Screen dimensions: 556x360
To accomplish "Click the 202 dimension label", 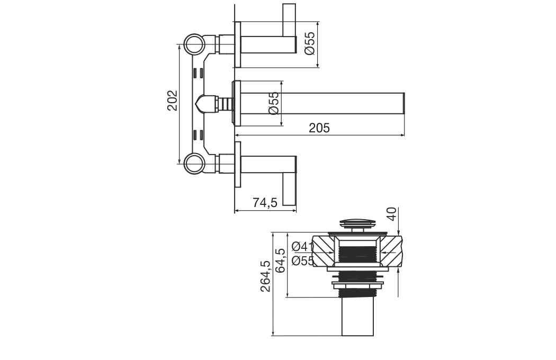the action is coord(172,101).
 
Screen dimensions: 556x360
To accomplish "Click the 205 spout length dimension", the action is coord(319,128).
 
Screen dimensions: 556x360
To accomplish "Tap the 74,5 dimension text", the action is coord(265,202).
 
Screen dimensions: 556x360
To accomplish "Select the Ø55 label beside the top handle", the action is coord(310,43).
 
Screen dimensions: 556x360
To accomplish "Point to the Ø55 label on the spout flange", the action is coord(274,103).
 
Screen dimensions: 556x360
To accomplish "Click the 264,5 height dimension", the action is coord(266,276).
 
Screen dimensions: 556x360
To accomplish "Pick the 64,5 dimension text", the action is coord(280,260).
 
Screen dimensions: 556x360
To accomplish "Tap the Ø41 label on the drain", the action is coord(302,246).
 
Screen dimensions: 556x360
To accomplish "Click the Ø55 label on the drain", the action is coord(303,260).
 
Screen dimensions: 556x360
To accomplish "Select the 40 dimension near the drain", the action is coord(392,214).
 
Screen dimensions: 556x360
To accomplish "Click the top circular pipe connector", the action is coord(194,44).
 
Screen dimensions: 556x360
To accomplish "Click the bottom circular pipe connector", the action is coord(194,164).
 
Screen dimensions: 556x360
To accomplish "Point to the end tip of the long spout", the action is coord(403,103).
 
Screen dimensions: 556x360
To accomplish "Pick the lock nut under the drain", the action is coord(357,285).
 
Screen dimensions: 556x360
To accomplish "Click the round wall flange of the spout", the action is coord(237,103).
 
